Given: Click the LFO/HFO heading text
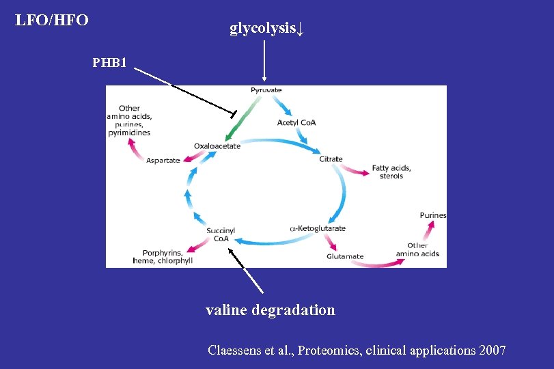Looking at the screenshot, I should tap(52, 20).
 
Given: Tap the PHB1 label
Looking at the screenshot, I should tap(110, 64).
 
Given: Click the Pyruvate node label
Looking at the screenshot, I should tap(266, 90).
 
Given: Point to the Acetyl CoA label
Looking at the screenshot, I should tap(296, 123).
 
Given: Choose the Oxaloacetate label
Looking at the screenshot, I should tap(217, 146).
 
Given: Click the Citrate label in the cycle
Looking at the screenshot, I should tap(331, 159).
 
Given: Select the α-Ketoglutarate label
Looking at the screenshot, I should tap(318, 228).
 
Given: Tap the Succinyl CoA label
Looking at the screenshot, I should tap(221, 235).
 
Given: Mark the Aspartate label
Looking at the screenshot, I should tap(163, 160).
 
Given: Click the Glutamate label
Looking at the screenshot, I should tap(345, 257).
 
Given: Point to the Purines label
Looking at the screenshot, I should tap(433, 215).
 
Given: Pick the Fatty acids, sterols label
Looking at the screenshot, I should tap(391, 172).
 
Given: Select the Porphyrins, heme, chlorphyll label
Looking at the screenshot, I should tap(163, 257).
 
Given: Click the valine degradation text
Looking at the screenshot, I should tap(271, 310).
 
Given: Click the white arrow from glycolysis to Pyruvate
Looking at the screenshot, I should tap(264, 61).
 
